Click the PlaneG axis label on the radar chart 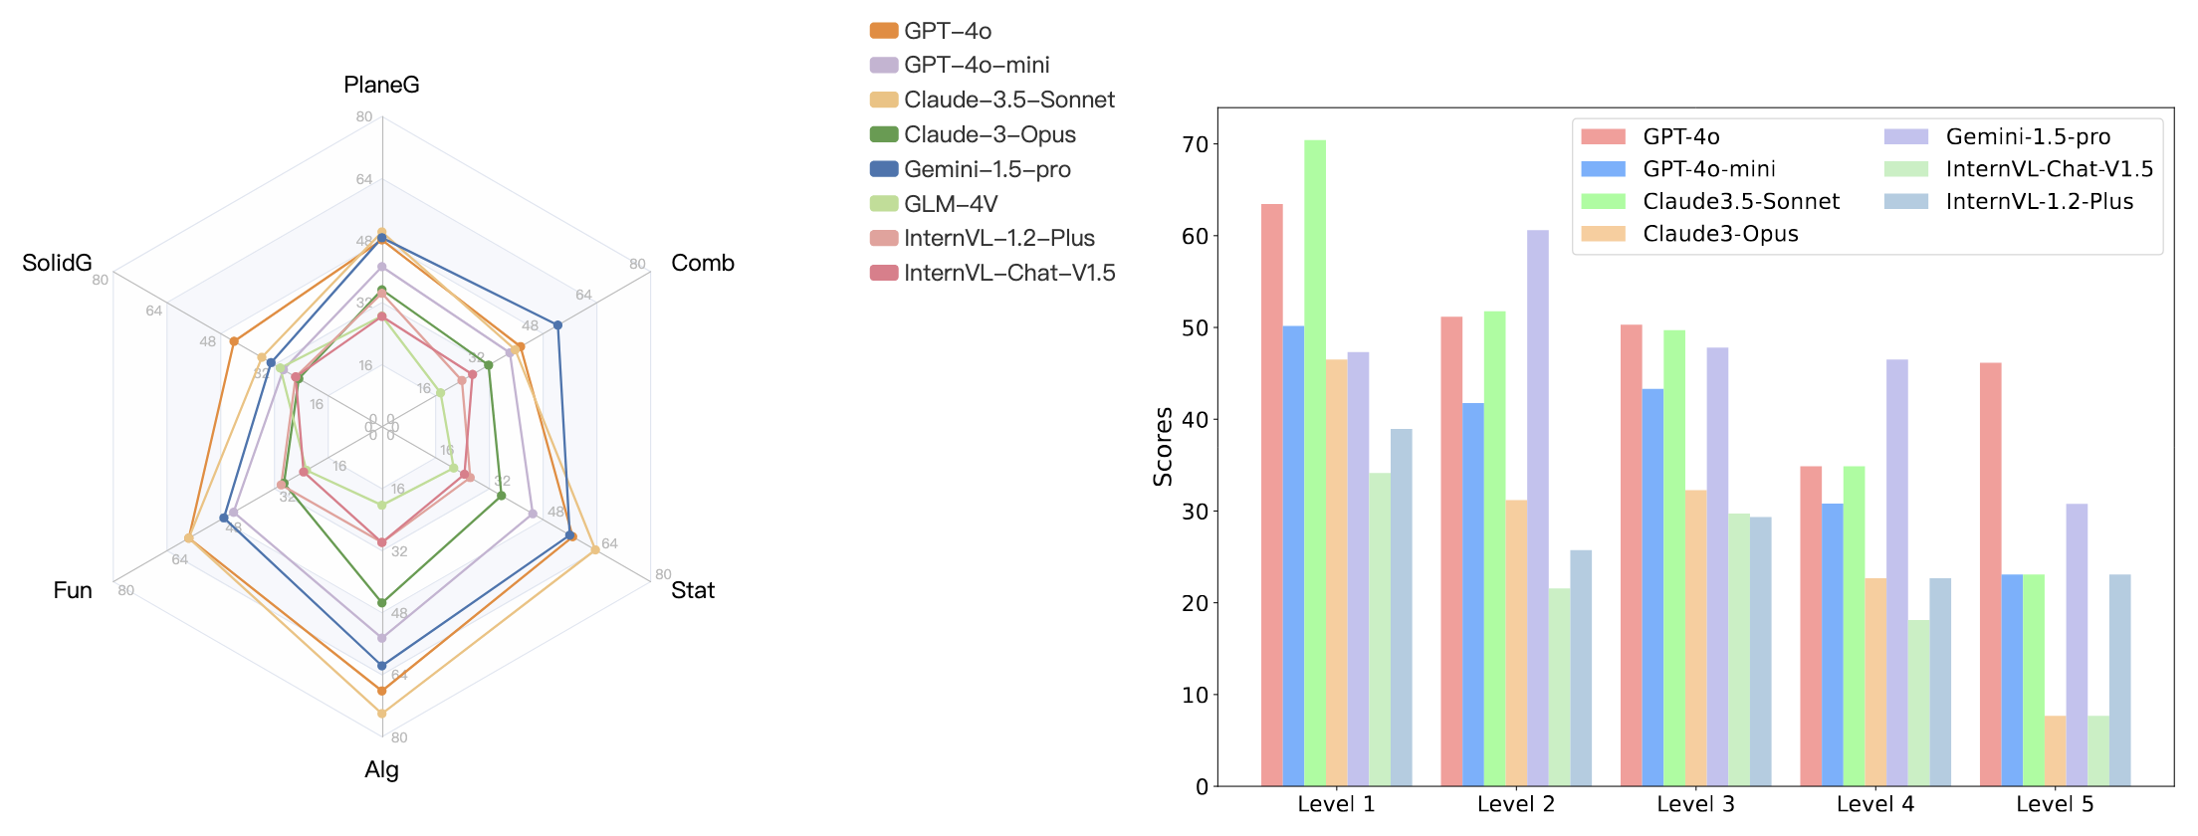381,85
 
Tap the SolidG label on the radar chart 57,263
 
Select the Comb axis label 702,263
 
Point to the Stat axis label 692,590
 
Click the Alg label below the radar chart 381,769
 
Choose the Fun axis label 73,590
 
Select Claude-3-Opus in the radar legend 989,134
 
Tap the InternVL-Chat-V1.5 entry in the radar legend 1008,273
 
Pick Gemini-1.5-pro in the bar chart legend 2027,136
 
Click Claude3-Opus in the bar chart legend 1719,234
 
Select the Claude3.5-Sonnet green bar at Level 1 1315,463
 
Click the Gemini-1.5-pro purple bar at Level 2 1538,508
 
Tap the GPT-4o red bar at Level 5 1990,574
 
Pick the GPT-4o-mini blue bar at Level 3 1652,587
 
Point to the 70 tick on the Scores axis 1195,144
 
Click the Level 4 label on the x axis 1874,804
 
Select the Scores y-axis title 1163,447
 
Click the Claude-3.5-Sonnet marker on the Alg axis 381,714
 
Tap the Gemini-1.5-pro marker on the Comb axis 557,325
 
